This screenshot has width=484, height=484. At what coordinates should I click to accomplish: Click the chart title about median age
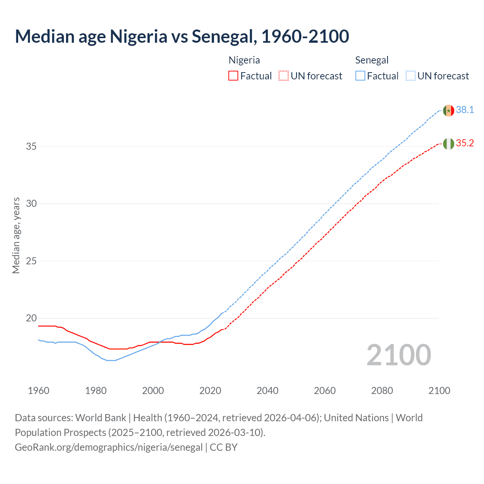182,36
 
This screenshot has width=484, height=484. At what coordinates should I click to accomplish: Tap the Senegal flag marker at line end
448,110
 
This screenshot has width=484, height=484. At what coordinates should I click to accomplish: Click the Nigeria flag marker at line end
448,144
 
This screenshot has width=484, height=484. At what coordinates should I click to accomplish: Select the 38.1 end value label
465,110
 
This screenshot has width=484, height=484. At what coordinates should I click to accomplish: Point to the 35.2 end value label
465,143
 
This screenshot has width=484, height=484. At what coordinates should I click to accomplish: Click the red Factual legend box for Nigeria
233,76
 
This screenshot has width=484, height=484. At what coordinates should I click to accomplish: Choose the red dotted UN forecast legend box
284,76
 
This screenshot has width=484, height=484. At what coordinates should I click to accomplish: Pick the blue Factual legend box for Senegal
360,76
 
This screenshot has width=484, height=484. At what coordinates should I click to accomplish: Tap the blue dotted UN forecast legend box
411,76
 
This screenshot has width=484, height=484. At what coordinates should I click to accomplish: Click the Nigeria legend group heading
244,60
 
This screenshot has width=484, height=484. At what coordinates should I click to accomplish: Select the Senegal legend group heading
372,60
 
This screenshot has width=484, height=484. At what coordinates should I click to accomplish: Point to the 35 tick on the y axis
31,146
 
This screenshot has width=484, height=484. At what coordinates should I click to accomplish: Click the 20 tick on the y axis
31,318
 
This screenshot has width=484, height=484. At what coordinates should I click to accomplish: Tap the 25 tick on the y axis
31,261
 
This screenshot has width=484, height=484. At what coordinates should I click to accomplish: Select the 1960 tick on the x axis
39,391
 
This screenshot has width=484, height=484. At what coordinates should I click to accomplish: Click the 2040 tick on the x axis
267,391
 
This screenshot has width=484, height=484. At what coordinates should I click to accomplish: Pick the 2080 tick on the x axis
382,391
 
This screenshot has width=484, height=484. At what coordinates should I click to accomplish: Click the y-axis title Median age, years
16,235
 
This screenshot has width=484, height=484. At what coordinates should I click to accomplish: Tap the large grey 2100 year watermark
399,355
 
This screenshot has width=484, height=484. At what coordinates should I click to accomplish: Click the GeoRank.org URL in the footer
109,447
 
